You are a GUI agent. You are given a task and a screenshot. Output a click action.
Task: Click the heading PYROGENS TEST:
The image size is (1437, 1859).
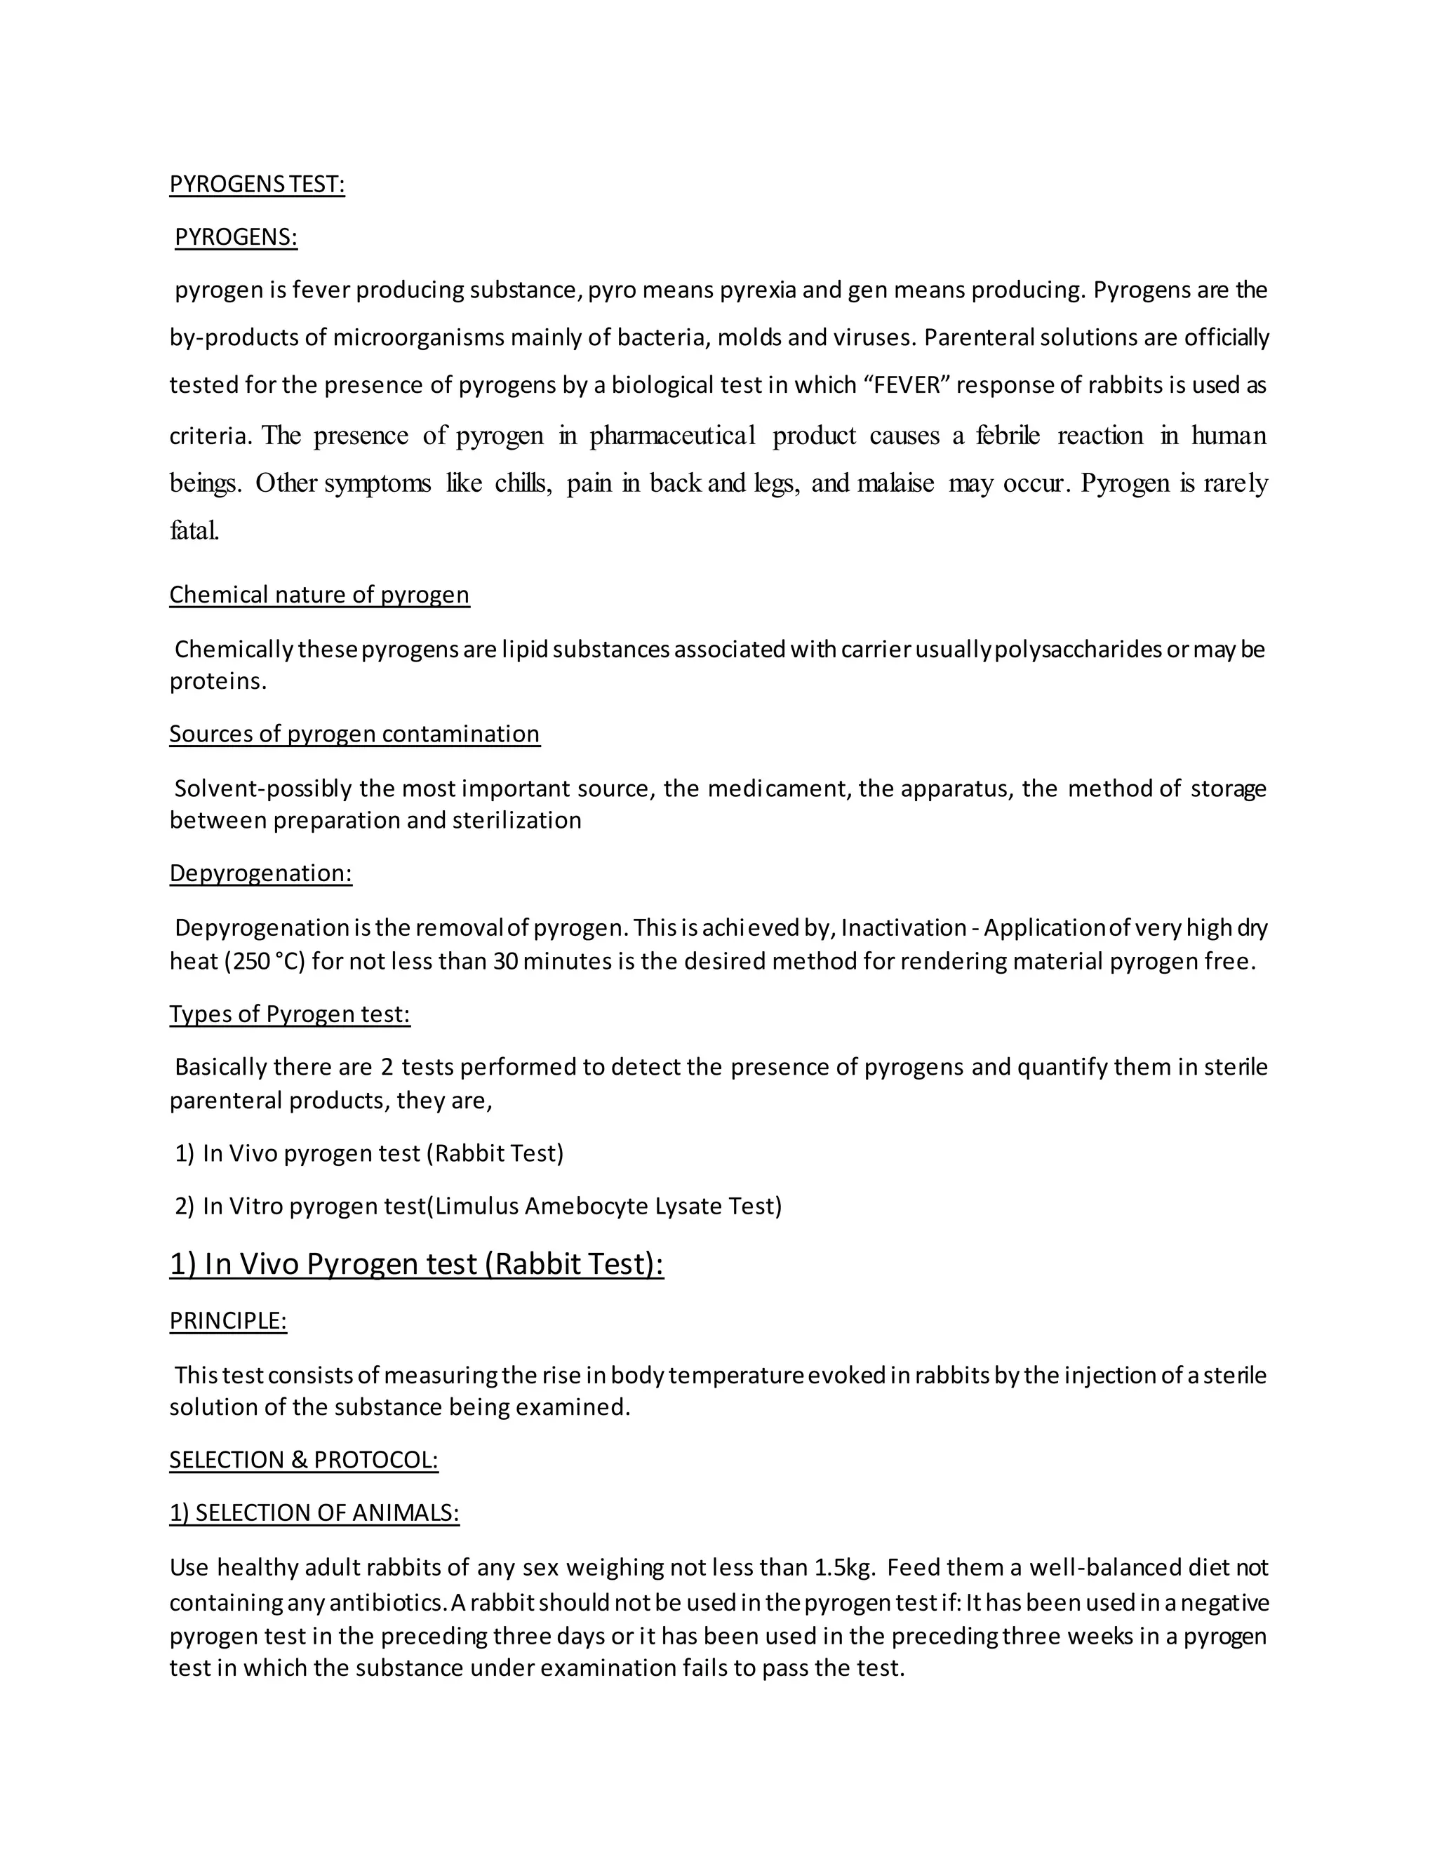(x=257, y=184)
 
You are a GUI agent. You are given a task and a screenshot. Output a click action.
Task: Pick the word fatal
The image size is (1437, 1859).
(x=194, y=531)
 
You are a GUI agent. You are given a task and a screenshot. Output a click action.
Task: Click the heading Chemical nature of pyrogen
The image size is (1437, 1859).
(x=319, y=594)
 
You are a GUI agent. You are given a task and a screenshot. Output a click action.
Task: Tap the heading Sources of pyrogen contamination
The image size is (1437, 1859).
(x=354, y=734)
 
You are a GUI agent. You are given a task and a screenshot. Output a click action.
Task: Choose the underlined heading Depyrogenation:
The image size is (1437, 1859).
(x=260, y=873)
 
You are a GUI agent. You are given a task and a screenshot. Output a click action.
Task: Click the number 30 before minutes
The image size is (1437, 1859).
(x=504, y=962)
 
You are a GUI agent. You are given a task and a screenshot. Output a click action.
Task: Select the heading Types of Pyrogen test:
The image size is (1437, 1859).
(x=290, y=1014)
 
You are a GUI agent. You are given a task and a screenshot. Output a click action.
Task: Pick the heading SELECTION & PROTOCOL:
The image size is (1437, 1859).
(x=303, y=1460)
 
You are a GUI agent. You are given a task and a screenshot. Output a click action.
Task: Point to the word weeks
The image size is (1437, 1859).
(x=1098, y=1636)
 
